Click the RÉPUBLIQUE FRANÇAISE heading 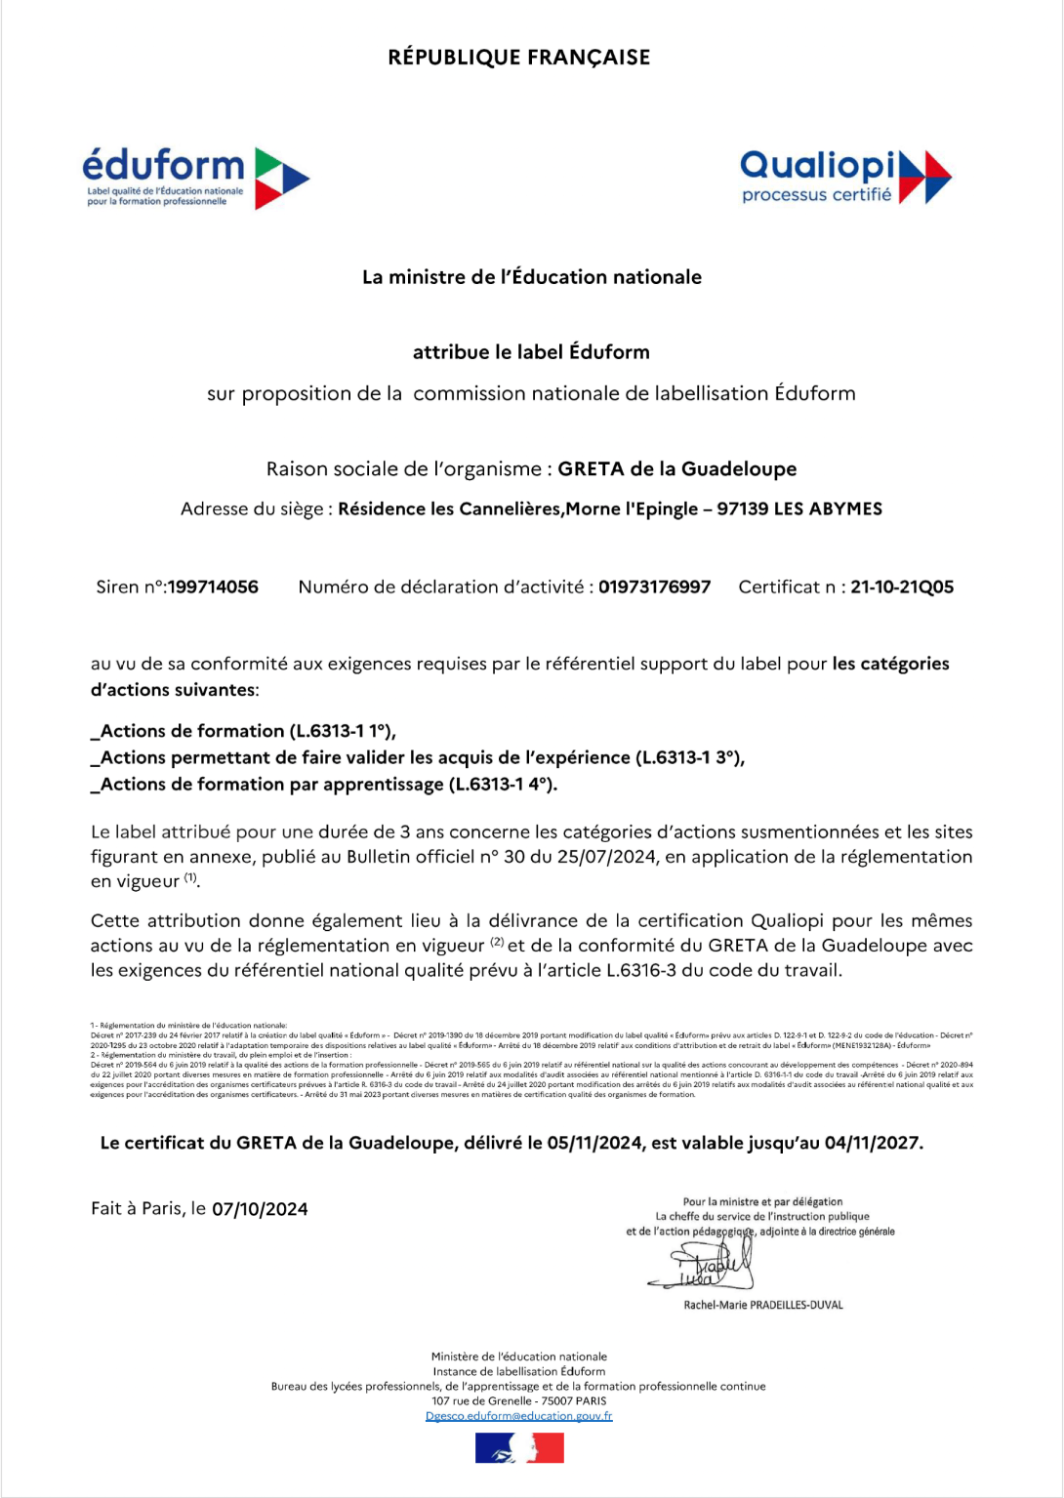pyautogui.click(x=518, y=58)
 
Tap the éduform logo pyautogui.click(x=195, y=178)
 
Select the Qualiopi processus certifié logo pyautogui.click(x=845, y=177)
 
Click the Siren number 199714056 pyautogui.click(x=213, y=587)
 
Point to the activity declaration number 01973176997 pyautogui.click(x=654, y=587)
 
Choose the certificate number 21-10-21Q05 pyautogui.click(x=902, y=587)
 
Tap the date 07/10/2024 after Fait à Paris pyautogui.click(x=260, y=1210)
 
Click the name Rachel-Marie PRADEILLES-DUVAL pyautogui.click(x=763, y=1305)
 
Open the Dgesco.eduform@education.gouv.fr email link pyautogui.click(x=518, y=1416)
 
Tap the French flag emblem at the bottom pyautogui.click(x=519, y=1448)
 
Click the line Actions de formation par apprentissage pyautogui.click(x=324, y=785)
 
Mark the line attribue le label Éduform pyautogui.click(x=531, y=352)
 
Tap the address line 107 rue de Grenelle pyautogui.click(x=518, y=1401)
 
